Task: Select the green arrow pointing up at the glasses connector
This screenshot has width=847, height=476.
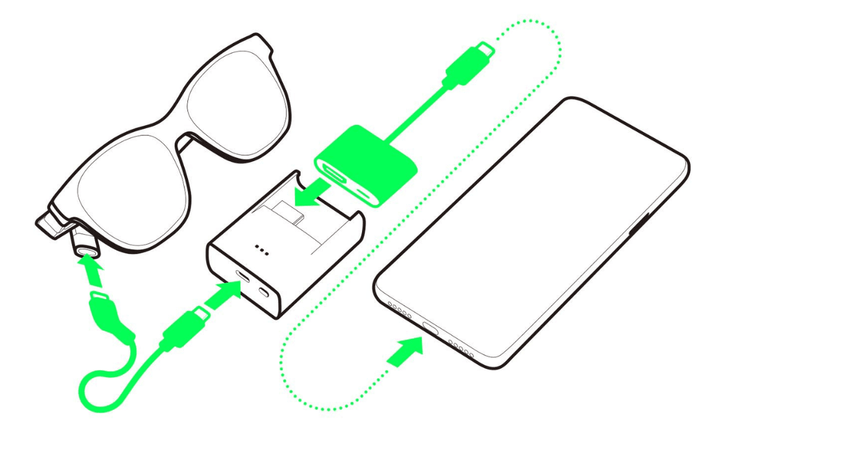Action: pyautogui.click(x=90, y=271)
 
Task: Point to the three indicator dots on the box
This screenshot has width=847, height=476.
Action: pyautogui.click(x=261, y=250)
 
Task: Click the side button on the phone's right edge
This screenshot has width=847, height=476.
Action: pyautogui.click(x=639, y=225)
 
